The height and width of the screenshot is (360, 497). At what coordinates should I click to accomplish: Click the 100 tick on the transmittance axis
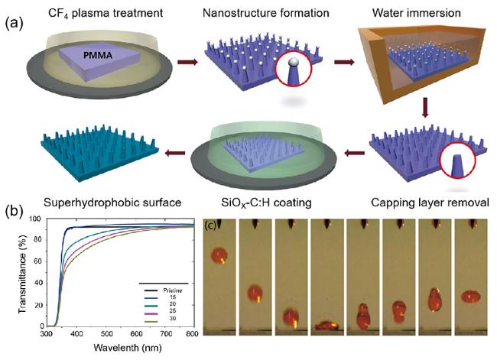(32, 219)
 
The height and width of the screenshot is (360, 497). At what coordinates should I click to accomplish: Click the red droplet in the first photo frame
(219, 255)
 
